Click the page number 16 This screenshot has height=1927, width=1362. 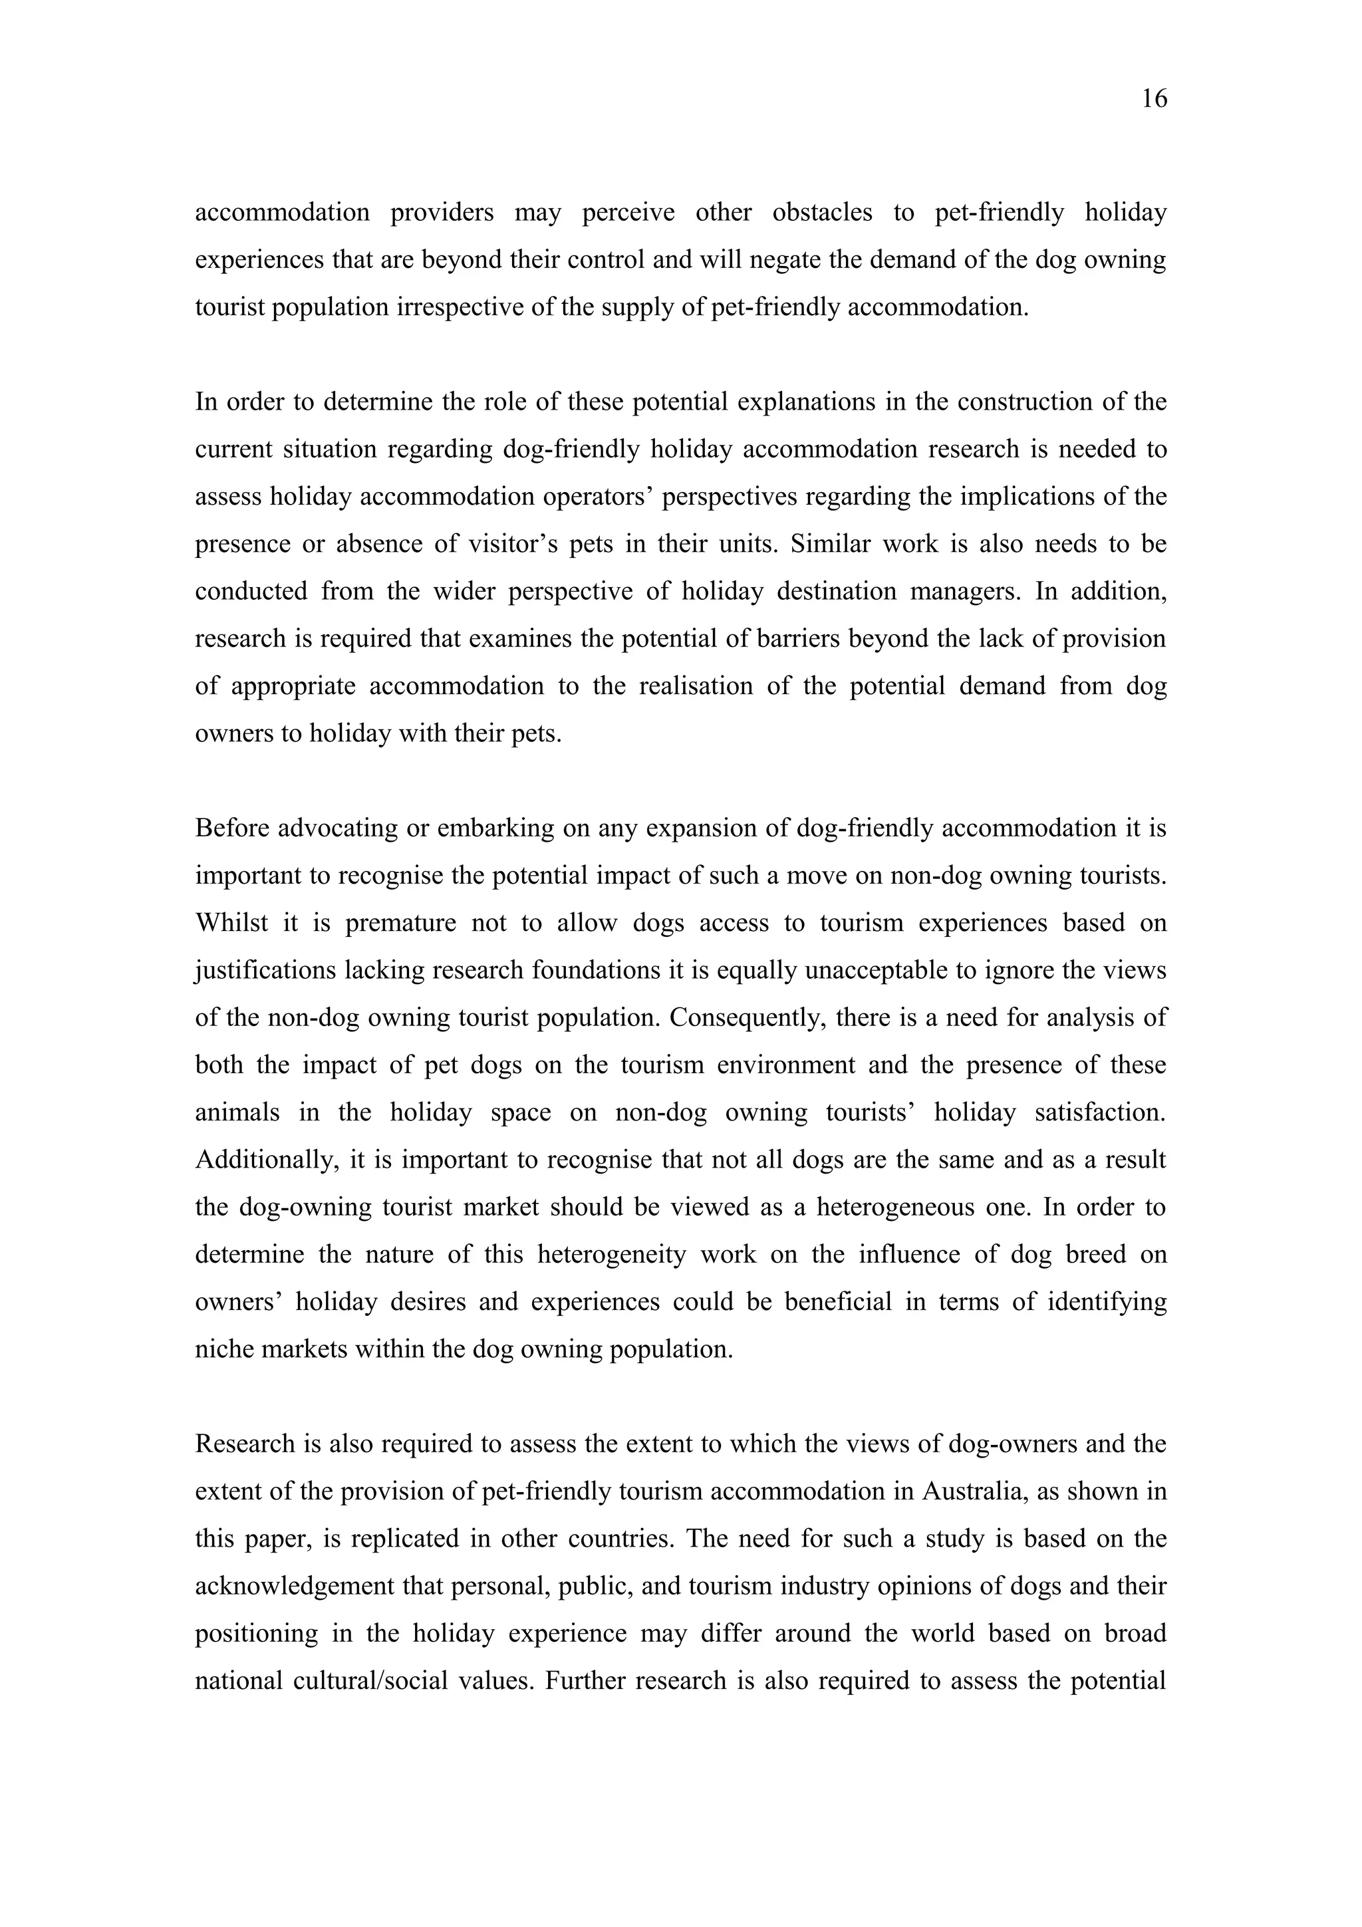[x=1154, y=99]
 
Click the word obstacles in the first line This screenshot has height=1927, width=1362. [x=821, y=212]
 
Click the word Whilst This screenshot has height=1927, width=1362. [x=231, y=923]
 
